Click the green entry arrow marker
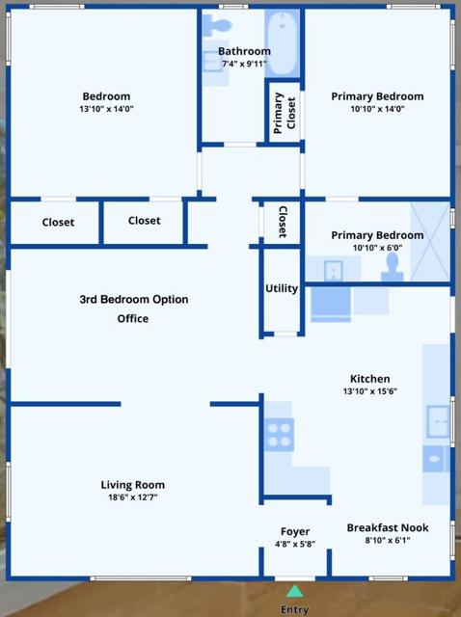click(x=294, y=590)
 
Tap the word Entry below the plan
click(x=294, y=609)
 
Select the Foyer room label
click(x=295, y=531)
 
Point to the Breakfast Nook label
click(x=388, y=527)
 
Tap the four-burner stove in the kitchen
click(x=279, y=435)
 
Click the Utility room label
click(x=282, y=288)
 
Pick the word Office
click(x=133, y=318)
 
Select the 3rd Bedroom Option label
click(x=133, y=299)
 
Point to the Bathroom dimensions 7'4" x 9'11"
click(x=244, y=64)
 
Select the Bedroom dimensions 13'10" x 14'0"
click(x=106, y=109)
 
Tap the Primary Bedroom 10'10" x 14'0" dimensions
click(x=377, y=109)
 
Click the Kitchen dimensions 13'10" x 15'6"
click(x=369, y=391)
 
